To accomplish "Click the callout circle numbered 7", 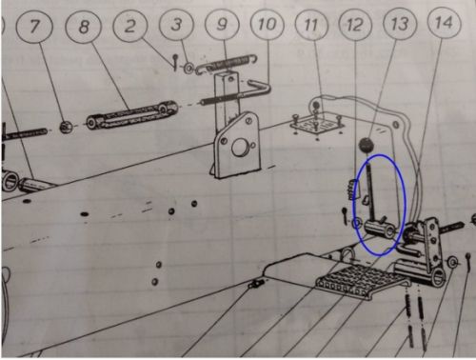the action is pos(35,26).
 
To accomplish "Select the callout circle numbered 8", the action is pos(83,27).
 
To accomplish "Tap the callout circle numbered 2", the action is pos(129,25).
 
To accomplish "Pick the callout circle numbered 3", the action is pos(176,24).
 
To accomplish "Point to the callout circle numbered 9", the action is pos(222,24).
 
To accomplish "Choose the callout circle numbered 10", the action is pos(267,24).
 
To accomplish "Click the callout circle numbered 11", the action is pos(311,24).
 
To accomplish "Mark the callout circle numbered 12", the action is pos(355,24).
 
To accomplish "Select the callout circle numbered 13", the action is pos(400,23).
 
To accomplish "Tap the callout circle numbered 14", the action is pos(444,22).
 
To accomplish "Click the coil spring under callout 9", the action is pos(227,64).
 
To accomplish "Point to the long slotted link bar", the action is pos(131,114).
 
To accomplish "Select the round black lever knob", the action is pos(367,145).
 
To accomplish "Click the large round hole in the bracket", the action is pos(240,148).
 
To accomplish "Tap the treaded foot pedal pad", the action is pos(362,280).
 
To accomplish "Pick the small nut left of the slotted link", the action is pos(66,127).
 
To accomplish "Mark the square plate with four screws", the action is pos(317,125).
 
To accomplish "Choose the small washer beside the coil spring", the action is pos(189,68).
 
